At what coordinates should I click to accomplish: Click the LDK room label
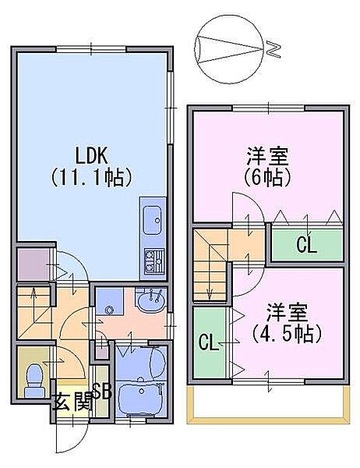point(91,155)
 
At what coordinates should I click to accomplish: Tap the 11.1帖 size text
point(92,178)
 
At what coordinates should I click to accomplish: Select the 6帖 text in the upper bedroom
point(267,178)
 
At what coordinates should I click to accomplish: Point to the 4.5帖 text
point(287,334)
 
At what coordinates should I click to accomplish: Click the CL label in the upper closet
point(306,245)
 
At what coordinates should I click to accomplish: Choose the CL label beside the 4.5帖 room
point(209,342)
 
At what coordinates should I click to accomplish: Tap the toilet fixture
point(34,381)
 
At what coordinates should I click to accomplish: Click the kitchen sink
point(153,220)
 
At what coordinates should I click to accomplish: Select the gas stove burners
point(154,261)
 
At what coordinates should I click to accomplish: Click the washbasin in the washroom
point(150,300)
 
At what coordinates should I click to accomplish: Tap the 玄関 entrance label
point(72,404)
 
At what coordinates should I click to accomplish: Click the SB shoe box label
point(102,391)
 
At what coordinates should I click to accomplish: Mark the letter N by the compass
point(274,49)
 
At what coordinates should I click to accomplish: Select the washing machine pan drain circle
point(109,311)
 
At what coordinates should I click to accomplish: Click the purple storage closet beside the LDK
point(33,264)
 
